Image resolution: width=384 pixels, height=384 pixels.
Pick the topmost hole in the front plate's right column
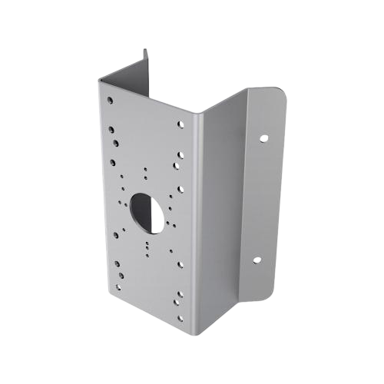pos(181,123)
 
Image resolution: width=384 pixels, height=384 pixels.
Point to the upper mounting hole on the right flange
pos(263,140)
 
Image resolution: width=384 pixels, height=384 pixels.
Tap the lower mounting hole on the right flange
pos(259,261)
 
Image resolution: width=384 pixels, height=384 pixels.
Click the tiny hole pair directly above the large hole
pos(144,171)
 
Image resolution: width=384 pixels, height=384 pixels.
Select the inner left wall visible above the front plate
pos(127,73)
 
